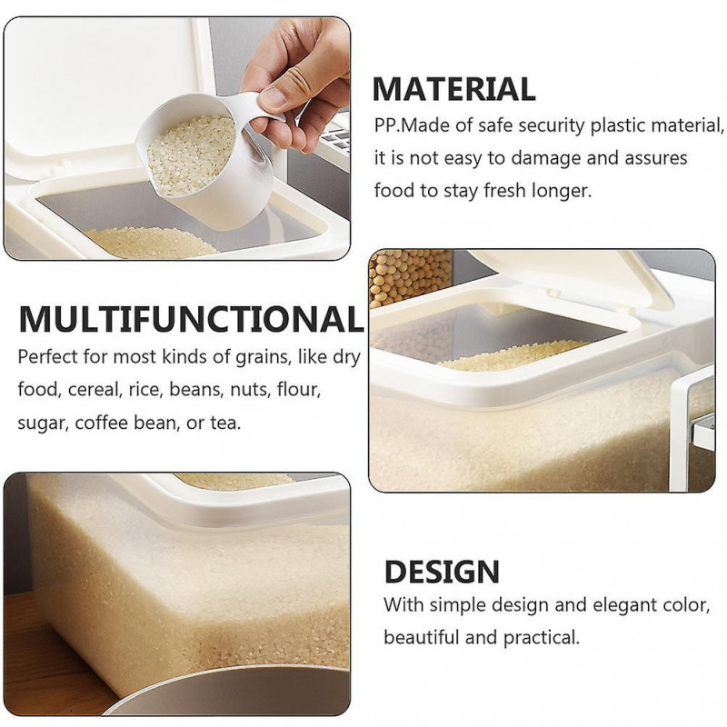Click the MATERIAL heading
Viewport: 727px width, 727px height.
tap(453, 89)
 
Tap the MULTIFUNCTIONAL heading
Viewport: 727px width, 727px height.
tap(191, 320)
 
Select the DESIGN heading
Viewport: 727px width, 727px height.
tap(442, 572)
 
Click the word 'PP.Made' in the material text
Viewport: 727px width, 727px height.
tap(407, 124)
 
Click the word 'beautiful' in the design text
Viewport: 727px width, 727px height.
tap(421, 637)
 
